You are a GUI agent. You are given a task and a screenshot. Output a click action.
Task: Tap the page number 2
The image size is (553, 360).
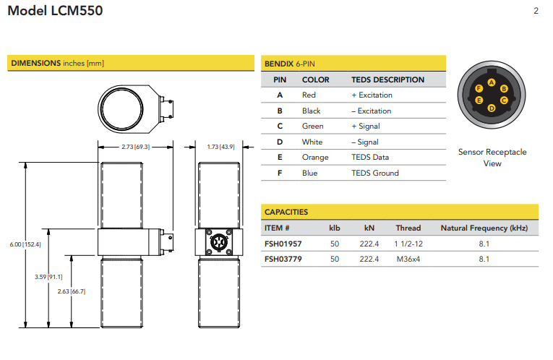coord(536,11)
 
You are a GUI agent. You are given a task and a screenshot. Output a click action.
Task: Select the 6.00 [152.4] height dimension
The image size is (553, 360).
coord(25,244)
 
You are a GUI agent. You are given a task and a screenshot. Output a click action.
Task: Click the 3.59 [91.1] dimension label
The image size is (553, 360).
coord(48,276)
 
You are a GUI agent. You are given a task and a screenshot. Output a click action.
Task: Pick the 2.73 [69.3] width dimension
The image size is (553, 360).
coord(134,147)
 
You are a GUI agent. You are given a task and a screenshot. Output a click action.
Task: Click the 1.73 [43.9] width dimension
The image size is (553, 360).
coord(220,147)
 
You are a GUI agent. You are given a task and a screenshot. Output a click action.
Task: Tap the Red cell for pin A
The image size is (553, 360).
coord(309,95)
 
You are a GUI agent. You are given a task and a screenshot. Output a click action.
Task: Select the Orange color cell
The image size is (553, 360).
coord(314,158)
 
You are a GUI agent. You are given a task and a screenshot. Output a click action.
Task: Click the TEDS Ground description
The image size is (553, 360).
coord(374,173)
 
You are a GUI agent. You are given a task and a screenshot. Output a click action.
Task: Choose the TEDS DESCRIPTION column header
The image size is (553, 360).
coord(387,80)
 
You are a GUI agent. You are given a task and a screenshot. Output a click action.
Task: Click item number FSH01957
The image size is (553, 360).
coord(283,244)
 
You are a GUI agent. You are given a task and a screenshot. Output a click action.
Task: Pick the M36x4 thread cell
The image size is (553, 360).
coord(408,259)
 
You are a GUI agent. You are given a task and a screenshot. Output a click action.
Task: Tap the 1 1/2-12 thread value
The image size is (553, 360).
coord(408,244)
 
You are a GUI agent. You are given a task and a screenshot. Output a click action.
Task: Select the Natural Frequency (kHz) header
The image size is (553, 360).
coord(484,228)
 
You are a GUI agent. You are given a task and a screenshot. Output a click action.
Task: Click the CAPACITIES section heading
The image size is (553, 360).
coord(286,212)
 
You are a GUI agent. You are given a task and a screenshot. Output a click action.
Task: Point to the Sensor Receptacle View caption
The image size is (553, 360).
coord(492,158)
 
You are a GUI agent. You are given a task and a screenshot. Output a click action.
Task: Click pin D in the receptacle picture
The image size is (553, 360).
coord(492,108)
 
